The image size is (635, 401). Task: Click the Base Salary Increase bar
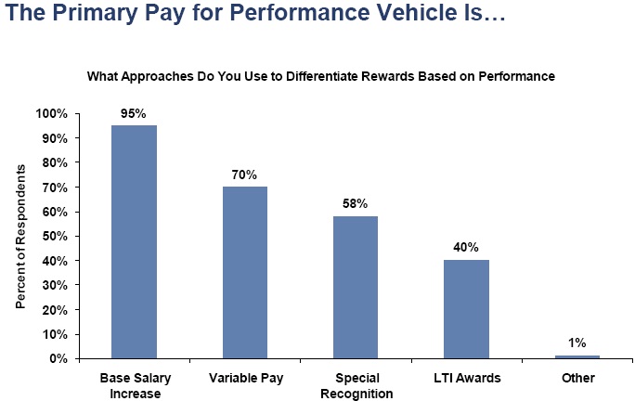[134, 241]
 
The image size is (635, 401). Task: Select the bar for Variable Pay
[245, 272]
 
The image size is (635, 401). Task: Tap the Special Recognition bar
[356, 287]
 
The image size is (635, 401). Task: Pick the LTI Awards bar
[466, 309]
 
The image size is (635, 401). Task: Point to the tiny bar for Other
[577, 356]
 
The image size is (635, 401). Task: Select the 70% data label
[245, 175]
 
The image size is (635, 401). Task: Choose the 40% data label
[466, 248]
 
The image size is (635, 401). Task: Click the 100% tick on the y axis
[51, 113]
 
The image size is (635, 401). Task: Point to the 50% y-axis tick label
[54, 236]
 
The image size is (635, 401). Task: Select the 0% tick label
[58, 358]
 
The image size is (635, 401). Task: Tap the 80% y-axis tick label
[54, 162]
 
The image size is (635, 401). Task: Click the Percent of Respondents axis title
[19, 236]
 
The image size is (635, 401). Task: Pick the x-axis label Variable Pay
[245, 378]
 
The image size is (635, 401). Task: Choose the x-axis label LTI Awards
[466, 378]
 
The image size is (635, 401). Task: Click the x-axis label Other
[577, 378]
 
